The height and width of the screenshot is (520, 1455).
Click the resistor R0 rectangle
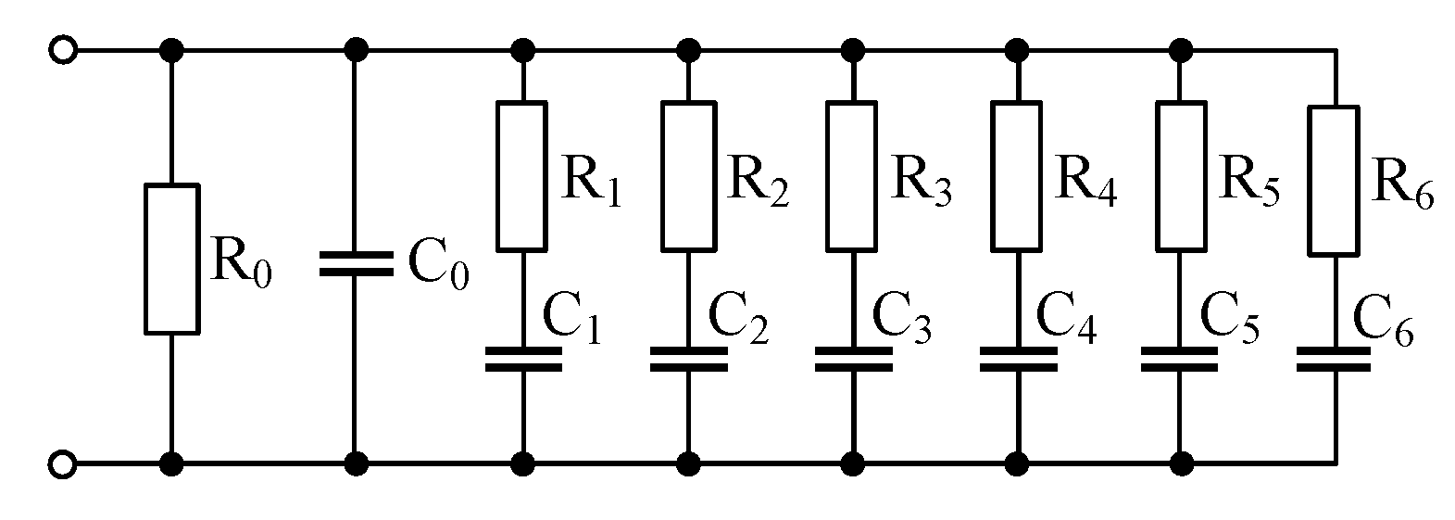pos(171,259)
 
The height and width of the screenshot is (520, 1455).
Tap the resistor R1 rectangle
pos(522,176)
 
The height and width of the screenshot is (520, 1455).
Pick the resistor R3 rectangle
pos(851,176)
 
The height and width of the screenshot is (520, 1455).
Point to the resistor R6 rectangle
pos(1334,180)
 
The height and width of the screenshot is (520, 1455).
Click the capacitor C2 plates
pos(687,360)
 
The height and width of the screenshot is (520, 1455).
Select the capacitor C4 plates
pos(1017,360)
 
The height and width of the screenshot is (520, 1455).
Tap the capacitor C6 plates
pos(1334,360)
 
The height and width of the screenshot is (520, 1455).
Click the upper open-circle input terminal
pos(62,49)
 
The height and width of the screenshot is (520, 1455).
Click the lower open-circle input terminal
pos(62,463)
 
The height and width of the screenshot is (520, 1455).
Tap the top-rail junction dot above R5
pos(1181,49)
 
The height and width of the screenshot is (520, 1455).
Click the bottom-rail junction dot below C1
pos(522,462)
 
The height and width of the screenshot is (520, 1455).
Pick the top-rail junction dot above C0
pos(356,49)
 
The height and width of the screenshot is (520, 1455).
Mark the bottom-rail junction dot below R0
pos(171,462)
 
